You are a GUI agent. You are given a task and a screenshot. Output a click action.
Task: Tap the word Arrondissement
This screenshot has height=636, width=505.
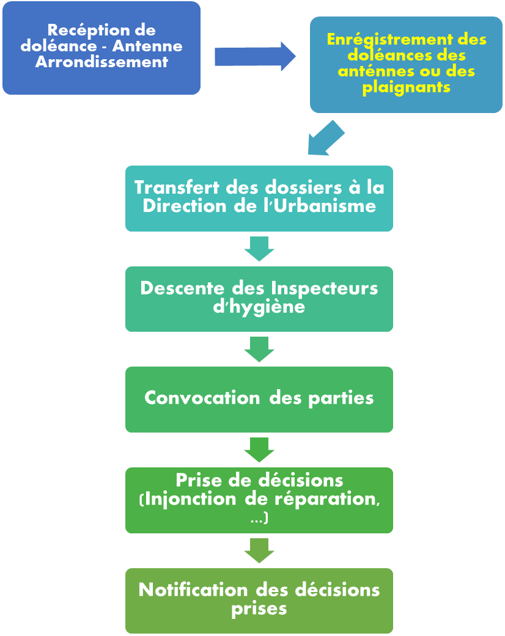pyautogui.click(x=101, y=62)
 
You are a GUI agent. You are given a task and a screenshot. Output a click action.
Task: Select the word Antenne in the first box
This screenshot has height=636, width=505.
pyautogui.click(x=147, y=46)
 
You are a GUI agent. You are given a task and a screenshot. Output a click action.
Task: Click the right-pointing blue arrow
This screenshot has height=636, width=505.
pyautogui.click(x=255, y=56)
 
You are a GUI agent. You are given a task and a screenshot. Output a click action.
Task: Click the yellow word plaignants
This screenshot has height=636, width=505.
pyautogui.click(x=407, y=87)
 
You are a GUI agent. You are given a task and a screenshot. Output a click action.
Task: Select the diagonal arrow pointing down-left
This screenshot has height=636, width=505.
pyautogui.click(x=326, y=138)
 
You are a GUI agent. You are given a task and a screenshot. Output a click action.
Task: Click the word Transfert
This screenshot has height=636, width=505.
pyautogui.click(x=177, y=188)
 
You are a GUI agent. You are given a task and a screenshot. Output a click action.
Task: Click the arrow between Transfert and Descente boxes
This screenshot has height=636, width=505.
pyautogui.click(x=259, y=249)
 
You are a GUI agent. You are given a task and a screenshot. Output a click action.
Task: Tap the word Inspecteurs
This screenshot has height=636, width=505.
pyautogui.click(x=325, y=289)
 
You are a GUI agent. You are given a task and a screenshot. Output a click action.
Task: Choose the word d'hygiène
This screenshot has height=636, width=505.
pyautogui.click(x=259, y=307)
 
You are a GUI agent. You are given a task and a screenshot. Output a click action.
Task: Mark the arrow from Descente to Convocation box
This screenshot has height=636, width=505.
pyautogui.click(x=259, y=349)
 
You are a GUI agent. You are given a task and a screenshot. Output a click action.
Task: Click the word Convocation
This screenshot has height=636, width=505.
pyautogui.click(x=202, y=398)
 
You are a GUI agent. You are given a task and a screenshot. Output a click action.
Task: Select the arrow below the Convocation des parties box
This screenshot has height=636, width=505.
pyautogui.click(x=259, y=450)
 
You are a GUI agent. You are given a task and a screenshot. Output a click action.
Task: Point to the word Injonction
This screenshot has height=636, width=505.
pyautogui.click(x=190, y=499)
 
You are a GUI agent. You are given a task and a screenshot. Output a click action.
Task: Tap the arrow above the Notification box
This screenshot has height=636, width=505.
pyautogui.click(x=259, y=551)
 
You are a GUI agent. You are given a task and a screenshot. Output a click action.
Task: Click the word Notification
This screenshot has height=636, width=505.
pyautogui.click(x=193, y=590)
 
